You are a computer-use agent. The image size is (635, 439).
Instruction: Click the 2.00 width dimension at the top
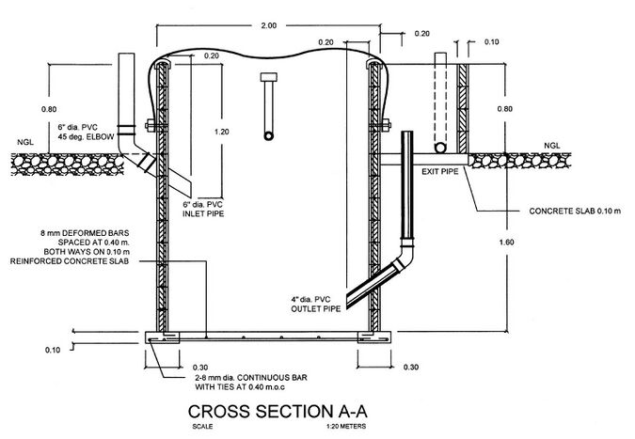coord(268,25)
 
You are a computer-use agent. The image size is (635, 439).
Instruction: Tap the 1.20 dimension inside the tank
coord(221,132)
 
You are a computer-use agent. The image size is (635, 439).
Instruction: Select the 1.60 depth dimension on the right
coord(506,242)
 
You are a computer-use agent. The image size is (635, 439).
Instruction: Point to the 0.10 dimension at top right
coord(492,41)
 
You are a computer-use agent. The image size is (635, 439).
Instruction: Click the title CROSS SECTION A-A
coord(278,411)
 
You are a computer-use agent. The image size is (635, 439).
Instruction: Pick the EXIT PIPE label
coord(440,171)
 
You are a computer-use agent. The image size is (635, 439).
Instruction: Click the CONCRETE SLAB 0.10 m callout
coord(575,211)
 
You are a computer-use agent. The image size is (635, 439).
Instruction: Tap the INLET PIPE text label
coord(203,213)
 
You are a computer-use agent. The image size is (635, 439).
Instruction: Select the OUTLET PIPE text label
coord(316,308)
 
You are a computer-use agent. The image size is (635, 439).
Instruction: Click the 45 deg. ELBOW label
coord(86,136)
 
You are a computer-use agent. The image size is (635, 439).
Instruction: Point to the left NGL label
coord(25,142)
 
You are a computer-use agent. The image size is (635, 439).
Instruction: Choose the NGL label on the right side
coord(552,146)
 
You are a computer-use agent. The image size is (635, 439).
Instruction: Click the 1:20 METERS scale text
coord(346,427)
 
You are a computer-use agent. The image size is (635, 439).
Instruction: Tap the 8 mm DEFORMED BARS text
coord(85,233)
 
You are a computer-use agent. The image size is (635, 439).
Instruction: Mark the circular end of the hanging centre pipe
coord(268,135)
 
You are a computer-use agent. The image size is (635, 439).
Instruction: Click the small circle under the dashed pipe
coord(440,148)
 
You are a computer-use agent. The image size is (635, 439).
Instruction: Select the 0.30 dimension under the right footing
coord(411,367)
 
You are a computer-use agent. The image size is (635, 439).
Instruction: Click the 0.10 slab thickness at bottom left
coord(53,350)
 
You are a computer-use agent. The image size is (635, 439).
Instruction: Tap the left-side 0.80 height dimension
coord(49,109)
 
